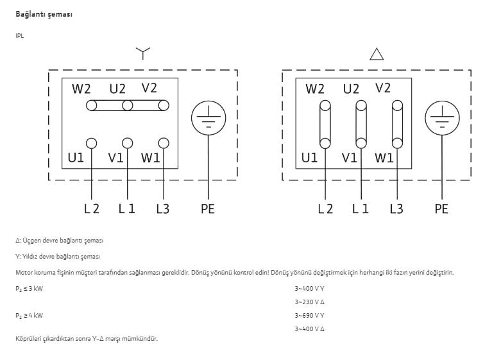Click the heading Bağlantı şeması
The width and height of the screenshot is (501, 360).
tap(44, 15)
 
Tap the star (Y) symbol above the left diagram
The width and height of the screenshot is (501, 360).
tap(143, 53)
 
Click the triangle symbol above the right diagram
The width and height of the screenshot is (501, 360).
tap(377, 54)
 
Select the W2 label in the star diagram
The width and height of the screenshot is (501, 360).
tap(81, 89)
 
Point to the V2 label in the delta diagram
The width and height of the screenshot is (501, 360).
tap(383, 88)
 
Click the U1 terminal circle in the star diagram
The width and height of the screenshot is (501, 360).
tap(91, 143)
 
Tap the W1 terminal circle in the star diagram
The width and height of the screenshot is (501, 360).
tap(164, 143)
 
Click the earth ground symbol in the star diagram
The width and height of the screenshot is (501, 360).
tap(208, 118)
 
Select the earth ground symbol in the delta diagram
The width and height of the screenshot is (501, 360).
tap(442, 118)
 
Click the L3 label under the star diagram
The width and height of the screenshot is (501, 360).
tap(163, 209)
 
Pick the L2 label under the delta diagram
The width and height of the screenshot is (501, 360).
tap(325, 209)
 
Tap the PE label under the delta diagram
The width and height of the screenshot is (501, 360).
tap(441, 209)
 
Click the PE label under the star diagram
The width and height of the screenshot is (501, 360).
tap(208, 209)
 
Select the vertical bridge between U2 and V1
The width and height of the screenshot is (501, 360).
tap(361, 124)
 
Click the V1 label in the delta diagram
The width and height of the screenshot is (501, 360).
tap(349, 158)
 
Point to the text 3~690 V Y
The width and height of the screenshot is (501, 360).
tap(309, 316)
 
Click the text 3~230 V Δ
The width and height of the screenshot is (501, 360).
tap(309, 302)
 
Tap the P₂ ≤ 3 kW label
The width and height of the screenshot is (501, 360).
tap(29, 289)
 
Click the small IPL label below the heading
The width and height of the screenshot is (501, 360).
tap(19, 36)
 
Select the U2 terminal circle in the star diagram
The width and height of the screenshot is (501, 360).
tap(128, 105)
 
